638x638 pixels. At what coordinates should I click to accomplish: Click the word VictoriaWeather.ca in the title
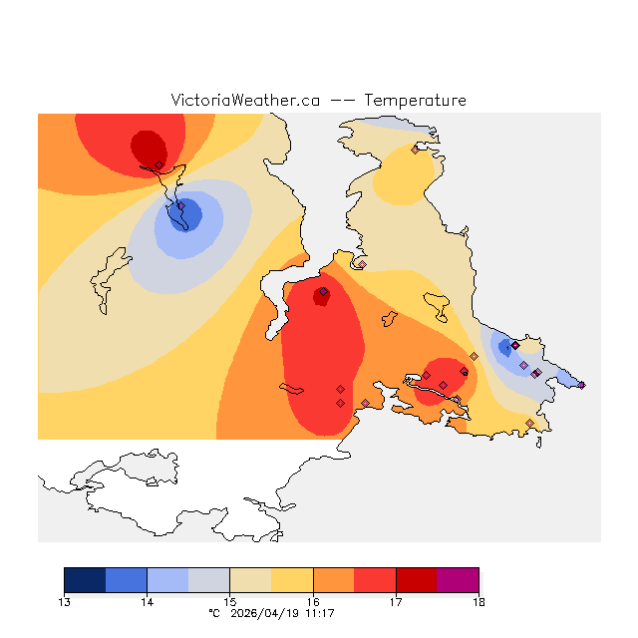[x=245, y=101]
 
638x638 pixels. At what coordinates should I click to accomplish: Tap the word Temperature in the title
[x=415, y=101]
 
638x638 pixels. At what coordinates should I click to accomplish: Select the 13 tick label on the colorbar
[x=65, y=601]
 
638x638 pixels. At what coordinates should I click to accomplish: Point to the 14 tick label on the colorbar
[x=147, y=601]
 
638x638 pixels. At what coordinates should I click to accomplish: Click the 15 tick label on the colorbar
[x=229, y=601]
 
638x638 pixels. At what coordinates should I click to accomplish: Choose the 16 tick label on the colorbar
[x=313, y=601]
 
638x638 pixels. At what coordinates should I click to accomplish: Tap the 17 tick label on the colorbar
[x=396, y=601]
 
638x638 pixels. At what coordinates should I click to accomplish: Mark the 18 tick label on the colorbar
[x=478, y=601]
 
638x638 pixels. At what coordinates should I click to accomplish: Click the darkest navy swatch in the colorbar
[x=85, y=580]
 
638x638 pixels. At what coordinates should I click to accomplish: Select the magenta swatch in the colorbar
[x=458, y=580]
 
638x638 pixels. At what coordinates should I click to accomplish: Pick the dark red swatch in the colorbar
[x=416, y=580]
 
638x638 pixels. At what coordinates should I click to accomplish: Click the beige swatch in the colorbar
[x=250, y=580]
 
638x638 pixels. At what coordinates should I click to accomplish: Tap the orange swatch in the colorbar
[x=333, y=580]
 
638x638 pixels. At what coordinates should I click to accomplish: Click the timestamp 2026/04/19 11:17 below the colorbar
[x=284, y=613]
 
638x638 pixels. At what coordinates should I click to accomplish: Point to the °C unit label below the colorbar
[x=212, y=613]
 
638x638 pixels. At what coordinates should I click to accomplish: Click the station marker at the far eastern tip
[x=581, y=385]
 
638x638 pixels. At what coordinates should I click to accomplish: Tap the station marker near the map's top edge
[x=415, y=151]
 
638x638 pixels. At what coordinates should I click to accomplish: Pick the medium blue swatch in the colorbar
[x=126, y=580]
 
